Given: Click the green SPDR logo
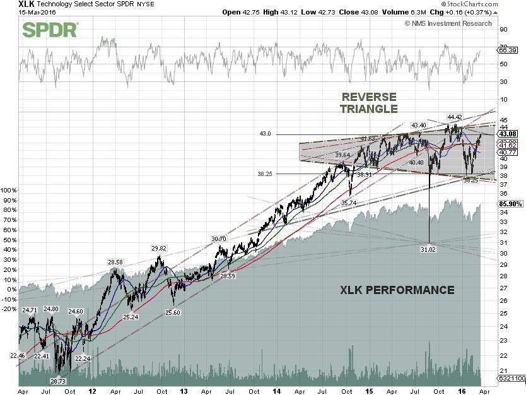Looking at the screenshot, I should click(x=50, y=29).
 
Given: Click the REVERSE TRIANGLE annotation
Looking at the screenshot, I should click(x=369, y=103).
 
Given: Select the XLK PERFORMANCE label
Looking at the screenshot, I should click(x=397, y=290).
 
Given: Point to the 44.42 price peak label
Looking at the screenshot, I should click(x=455, y=117).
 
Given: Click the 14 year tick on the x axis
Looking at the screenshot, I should click(x=275, y=391).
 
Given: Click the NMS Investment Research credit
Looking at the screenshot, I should click(x=448, y=23).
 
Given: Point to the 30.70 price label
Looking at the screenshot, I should click(x=218, y=239).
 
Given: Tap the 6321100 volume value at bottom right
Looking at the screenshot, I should click(x=512, y=379).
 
